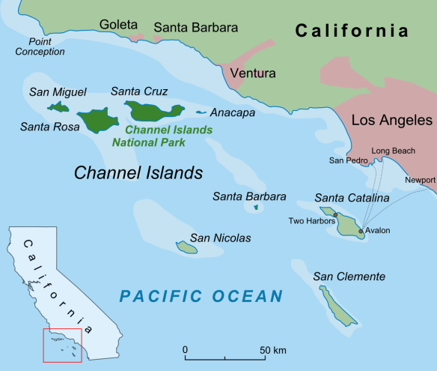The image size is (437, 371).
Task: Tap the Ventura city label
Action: pyautogui.click(x=252, y=73)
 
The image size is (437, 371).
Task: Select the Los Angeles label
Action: pyautogui.click(x=391, y=121)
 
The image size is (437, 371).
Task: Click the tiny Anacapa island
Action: pyautogui.click(x=201, y=113)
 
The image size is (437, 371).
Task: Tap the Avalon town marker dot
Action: pyautogui.click(x=361, y=232)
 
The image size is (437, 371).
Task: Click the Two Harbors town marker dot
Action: pyautogui.click(x=335, y=215)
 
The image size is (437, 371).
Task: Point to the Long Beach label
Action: pyautogui.click(x=393, y=151)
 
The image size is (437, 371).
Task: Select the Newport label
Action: pyautogui.click(x=420, y=180)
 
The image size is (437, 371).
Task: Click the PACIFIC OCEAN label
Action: pyautogui.click(x=201, y=296)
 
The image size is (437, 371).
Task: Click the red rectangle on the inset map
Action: pyautogui.click(x=63, y=345)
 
